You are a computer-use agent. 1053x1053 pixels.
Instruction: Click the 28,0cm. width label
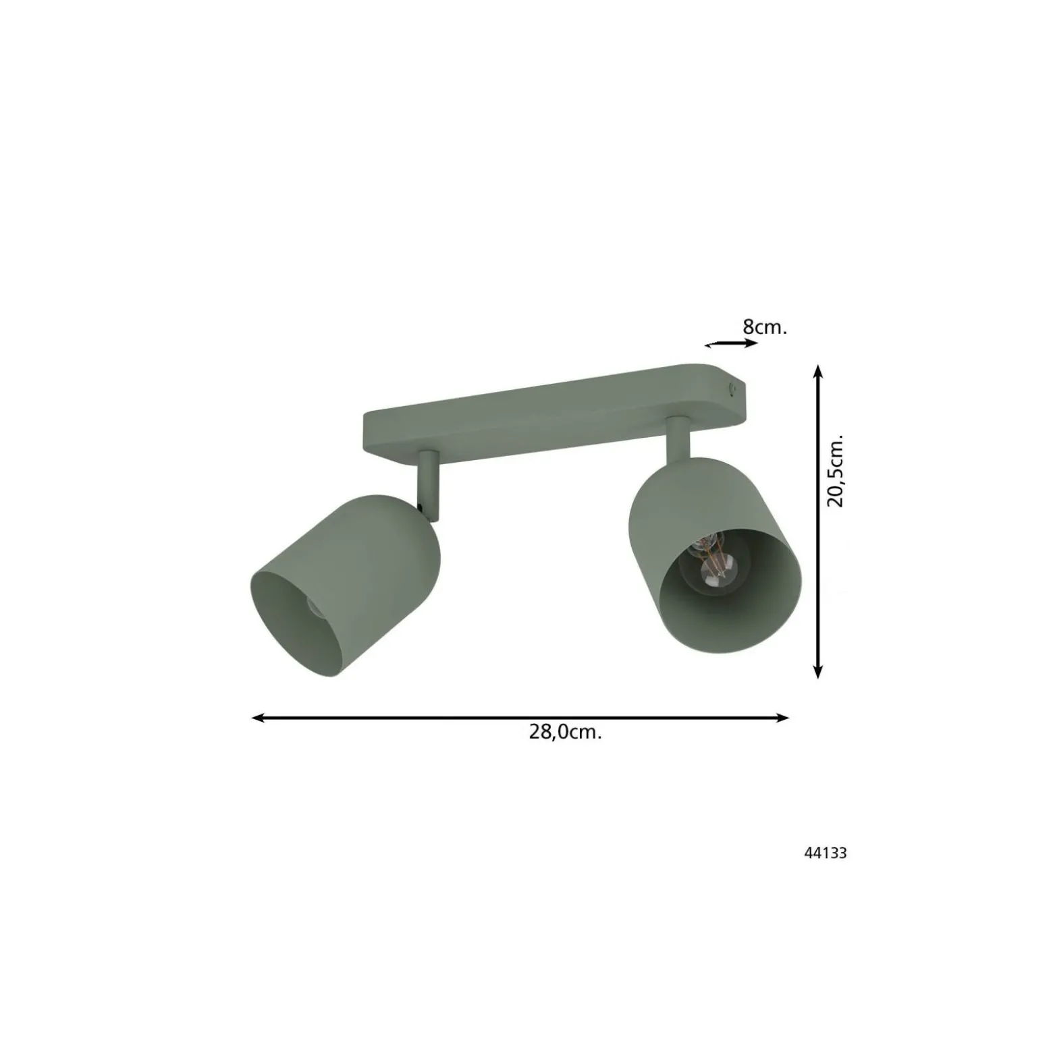(565, 733)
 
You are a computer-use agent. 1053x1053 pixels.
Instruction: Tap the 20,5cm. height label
(835, 470)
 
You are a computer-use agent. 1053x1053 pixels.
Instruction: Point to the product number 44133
(825, 853)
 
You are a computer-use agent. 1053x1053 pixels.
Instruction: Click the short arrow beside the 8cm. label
(731, 344)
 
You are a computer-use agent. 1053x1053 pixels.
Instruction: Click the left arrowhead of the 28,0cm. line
(258, 718)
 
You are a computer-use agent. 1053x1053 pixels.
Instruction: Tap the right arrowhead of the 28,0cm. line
(782, 718)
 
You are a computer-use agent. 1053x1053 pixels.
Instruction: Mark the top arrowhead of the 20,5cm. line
(817, 372)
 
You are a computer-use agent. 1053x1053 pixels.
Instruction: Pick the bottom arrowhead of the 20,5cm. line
(817, 671)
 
